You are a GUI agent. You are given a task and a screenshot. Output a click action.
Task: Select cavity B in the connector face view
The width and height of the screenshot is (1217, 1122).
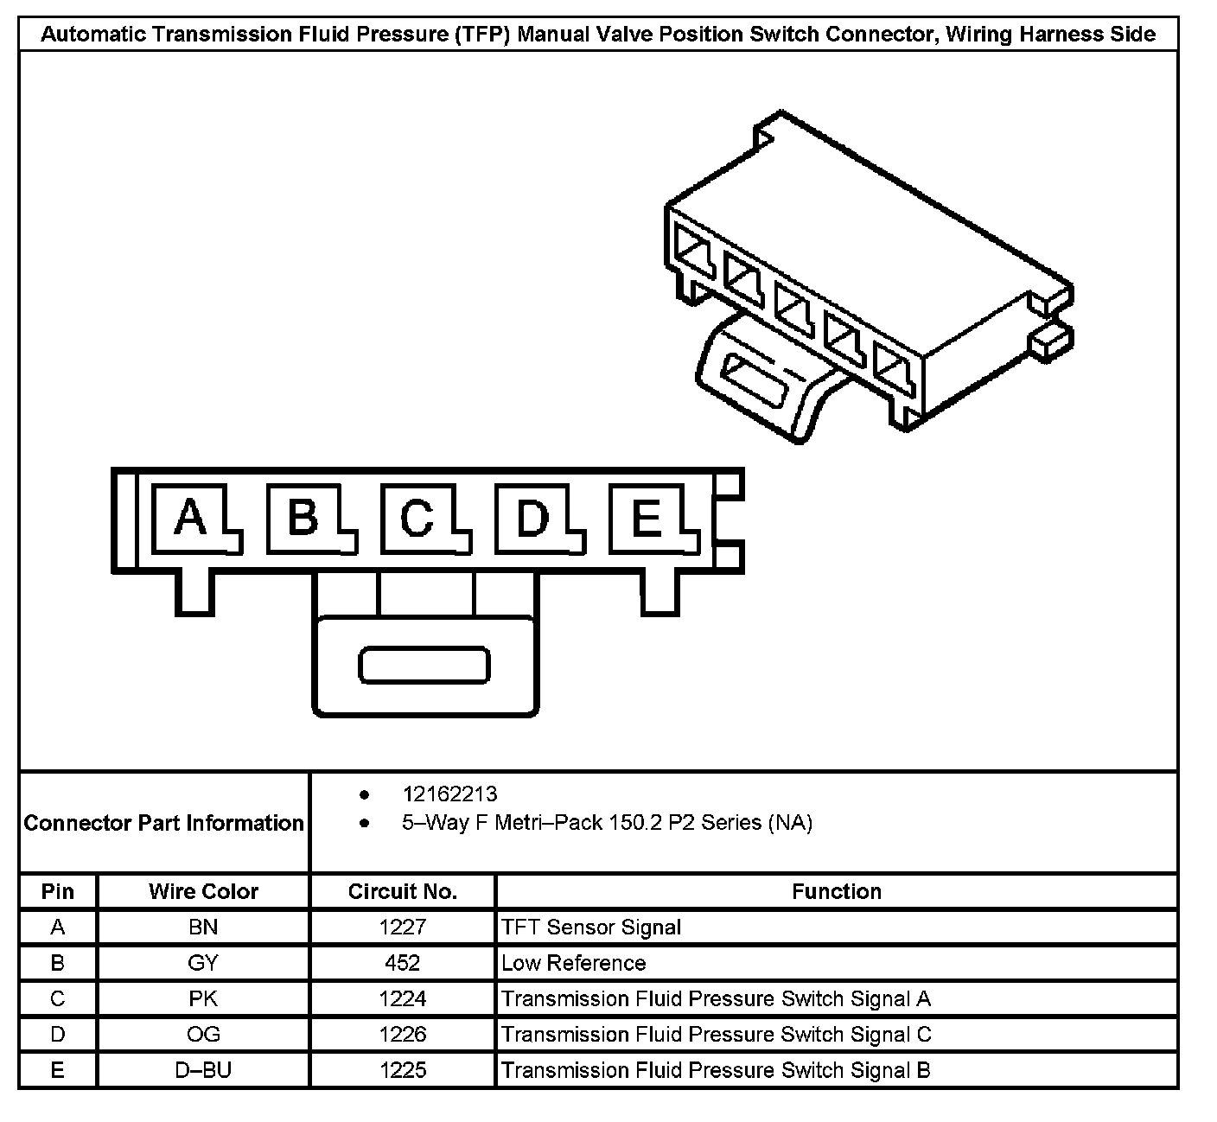(304, 519)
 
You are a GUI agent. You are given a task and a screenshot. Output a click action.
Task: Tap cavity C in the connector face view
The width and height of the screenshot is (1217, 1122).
(418, 519)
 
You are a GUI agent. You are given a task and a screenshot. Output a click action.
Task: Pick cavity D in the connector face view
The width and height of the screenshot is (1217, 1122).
(532, 519)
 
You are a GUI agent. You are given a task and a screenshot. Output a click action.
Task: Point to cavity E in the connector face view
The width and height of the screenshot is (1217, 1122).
(647, 519)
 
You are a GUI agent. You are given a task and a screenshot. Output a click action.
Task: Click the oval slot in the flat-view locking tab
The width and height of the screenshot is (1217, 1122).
(424, 666)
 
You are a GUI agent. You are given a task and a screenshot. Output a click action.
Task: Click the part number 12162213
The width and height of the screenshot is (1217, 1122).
(449, 794)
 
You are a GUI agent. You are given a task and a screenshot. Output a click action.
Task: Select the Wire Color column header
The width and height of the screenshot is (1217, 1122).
(203, 891)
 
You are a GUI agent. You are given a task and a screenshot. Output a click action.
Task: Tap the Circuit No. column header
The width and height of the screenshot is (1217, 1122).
(402, 891)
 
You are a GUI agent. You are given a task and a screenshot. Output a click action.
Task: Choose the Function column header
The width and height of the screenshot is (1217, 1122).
(836, 891)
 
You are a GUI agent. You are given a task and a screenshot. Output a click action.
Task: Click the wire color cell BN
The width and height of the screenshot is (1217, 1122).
(203, 928)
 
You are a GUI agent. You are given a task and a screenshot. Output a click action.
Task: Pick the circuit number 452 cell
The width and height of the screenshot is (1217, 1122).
(402, 963)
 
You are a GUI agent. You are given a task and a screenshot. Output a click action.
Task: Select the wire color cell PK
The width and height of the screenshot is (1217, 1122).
(203, 999)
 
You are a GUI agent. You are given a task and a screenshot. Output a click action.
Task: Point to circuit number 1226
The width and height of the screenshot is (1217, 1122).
(402, 1035)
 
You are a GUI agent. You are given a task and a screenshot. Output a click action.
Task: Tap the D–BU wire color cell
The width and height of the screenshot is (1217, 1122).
(203, 1070)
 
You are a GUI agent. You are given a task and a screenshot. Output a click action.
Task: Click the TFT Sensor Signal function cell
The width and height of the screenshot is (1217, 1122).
(591, 928)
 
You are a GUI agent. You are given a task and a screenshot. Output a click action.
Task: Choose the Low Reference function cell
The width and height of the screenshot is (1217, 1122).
(574, 963)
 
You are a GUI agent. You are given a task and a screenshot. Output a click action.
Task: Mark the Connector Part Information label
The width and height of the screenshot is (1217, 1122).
(164, 823)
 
